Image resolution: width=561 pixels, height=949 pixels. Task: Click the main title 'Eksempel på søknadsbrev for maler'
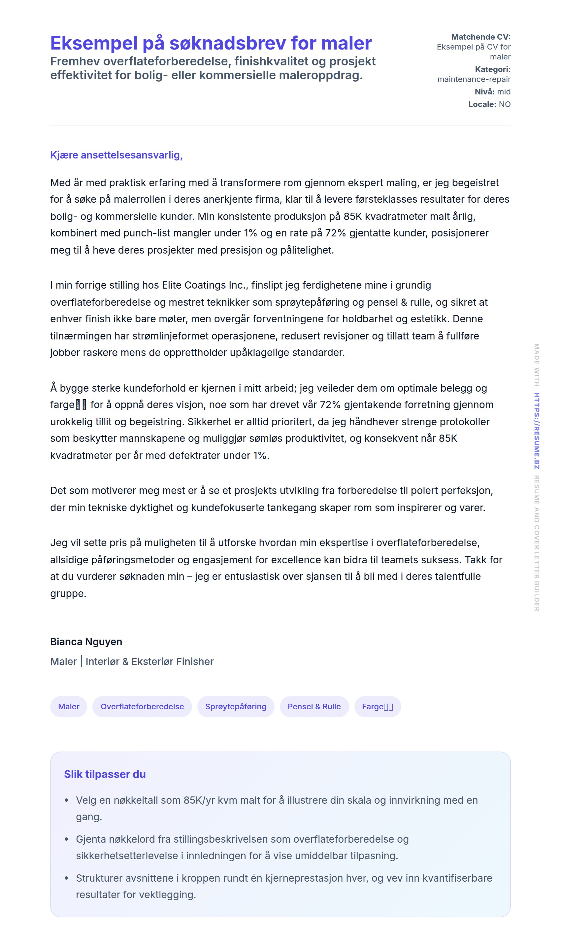[x=211, y=43]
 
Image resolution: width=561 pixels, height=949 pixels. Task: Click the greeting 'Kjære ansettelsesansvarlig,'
[x=116, y=155]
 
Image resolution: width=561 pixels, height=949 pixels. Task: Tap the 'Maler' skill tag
[x=68, y=707]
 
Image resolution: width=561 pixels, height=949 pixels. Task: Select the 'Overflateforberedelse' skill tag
[x=142, y=707]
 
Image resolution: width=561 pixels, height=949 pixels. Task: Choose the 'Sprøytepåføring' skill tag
[x=236, y=707]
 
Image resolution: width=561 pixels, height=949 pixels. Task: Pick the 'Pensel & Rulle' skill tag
[x=314, y=707]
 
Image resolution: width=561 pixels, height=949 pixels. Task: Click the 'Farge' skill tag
[x=377, y=707]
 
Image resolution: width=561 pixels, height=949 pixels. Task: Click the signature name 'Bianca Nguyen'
[x=86, y=642]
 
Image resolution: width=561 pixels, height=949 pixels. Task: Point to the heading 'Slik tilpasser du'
[x=105, y=775]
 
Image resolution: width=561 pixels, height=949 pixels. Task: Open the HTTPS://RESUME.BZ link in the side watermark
[x=537, y=431]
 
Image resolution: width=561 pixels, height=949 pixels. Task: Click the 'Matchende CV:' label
[x=480, y=37]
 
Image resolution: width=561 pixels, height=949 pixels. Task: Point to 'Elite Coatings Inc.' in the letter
[x=205, y=285]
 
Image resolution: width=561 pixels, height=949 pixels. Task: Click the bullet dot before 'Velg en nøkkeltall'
[x=67, y=800]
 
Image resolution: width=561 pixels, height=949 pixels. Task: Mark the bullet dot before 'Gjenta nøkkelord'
[x=67, y=839]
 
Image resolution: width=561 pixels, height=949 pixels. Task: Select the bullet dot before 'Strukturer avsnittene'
[x=67, y=878]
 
